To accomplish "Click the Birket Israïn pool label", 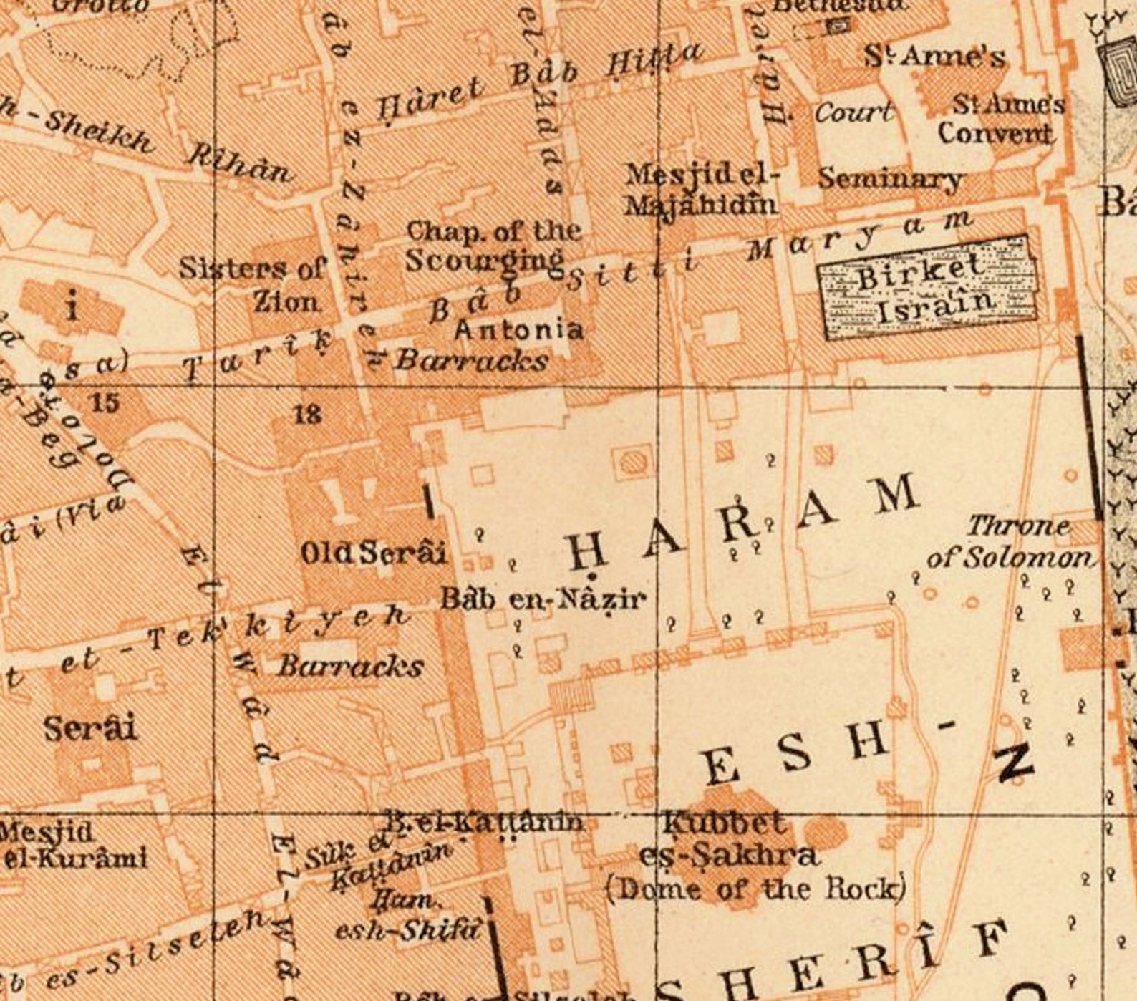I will pyautogui.click(x=928, y=289).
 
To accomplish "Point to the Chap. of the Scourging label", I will pyautogui.click(x=493, y=246).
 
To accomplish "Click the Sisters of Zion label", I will pyautogui.click(x=252, y=284).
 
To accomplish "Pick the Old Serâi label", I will pyautogui.click(x=372, y=553).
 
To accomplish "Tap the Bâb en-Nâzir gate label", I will pyautogui.click(x=542, y=599).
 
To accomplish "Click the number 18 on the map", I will pyautogui.click(x=307, y=414).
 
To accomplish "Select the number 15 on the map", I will pyautogui.click(x=105, y=402).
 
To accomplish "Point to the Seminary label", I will pyautogui.click(x=889, y=179).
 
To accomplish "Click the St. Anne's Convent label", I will pyautogui.click(x=1000, y=119).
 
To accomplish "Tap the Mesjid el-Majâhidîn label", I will pyautogui.click(x=700, y=190).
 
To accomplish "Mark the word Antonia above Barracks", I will pyautogui.click(x=518, y=329).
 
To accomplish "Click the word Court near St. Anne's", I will pyautogui.click(x=853, y=113).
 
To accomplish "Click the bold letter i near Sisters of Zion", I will pyautogui.click(x=72, y=308).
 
